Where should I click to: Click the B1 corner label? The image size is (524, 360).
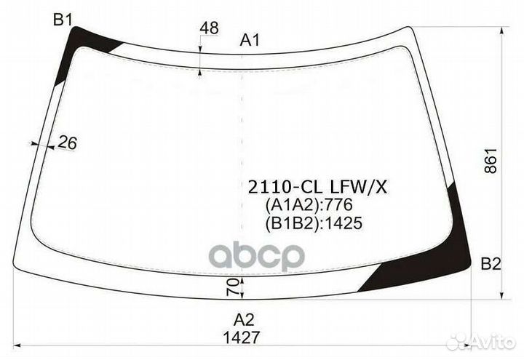point(63,20)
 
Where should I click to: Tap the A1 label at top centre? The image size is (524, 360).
point(250,41)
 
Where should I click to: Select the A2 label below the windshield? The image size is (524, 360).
point(244,320)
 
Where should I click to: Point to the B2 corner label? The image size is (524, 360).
point(491,264)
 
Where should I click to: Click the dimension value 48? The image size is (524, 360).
point(209,28)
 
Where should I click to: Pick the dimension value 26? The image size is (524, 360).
point(68,143)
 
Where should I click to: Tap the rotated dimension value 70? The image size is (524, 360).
point(233,287)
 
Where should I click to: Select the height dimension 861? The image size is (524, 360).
point(491,161)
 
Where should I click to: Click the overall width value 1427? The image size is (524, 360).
point(242,337)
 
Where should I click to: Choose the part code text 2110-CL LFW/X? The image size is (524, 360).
point(317,188)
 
